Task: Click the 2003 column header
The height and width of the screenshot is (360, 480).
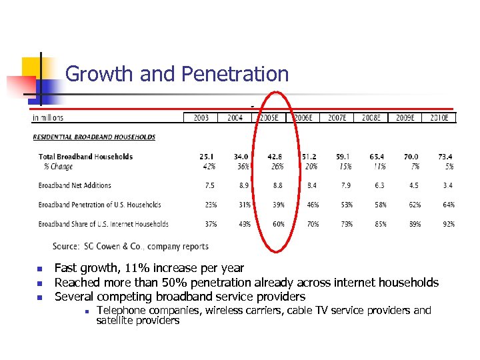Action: [201, 118]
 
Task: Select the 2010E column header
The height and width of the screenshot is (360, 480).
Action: [440, 118]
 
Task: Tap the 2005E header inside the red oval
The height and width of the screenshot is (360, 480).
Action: [269, 118]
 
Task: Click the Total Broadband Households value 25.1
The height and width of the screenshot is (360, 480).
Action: [208, 157]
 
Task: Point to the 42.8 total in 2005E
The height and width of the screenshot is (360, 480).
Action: [276, 157]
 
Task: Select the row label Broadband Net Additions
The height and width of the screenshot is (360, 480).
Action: [75, 185]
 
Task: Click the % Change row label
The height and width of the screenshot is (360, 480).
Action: [58, 167]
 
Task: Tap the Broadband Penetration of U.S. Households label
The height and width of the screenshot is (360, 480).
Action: [99, 205]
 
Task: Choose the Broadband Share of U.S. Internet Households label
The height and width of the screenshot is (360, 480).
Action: [103, 224]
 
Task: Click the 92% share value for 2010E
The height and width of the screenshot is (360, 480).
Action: [448, 224]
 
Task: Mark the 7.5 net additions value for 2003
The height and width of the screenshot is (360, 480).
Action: [210, 185]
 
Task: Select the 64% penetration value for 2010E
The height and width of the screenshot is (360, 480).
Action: [448, 205]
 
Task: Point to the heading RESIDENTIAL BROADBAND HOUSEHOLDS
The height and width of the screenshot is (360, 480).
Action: [94, 137]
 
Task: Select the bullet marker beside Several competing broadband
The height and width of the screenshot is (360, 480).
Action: [39, 297]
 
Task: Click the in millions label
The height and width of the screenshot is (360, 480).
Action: [48, 118]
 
